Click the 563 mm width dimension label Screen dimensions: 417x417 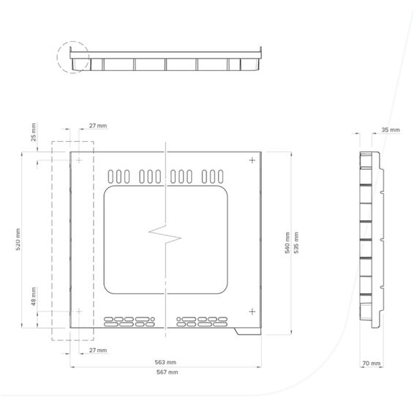(x=165, y=362)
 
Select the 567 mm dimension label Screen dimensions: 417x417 (x=167, y=372)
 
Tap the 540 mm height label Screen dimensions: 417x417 (x=288, y=243)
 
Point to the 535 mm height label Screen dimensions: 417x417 (x=296, y=243)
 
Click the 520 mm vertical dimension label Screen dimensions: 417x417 (x=18, y=239)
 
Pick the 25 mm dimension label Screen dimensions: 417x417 (x=33, y=132)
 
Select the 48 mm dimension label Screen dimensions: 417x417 (x=33, y=296)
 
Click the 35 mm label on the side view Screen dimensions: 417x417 (x=391, y=129)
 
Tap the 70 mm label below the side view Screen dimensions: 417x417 (x=371, y=363)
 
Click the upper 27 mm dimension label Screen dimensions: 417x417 (x=98, y=126)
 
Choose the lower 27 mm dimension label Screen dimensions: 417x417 (x=98, y=350)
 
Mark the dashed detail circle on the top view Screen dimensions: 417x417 (x=57, y=56)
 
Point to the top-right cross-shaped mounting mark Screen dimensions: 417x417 (x=252, y=160)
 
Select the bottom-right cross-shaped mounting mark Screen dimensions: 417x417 (x=252, y=312)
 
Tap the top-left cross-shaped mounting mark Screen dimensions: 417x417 (x=79, y=160)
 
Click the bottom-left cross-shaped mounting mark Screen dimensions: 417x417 (x=79, y=312)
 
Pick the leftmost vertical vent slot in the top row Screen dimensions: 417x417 (x=110, y=176)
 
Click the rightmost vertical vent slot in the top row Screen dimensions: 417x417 (x=220, y=176)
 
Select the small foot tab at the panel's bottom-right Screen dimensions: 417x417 (x=248, y=331)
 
